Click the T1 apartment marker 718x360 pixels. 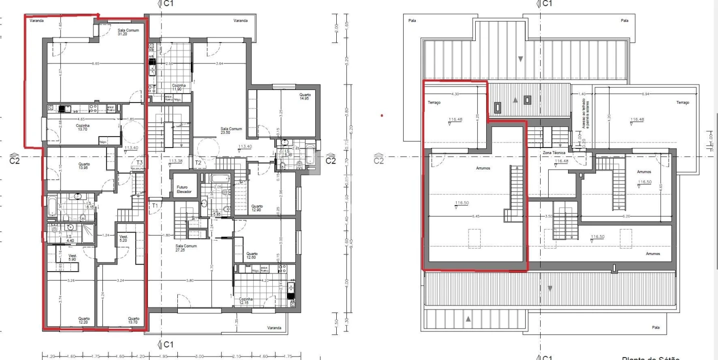tap(155, 205)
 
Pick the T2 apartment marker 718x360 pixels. tap(198, 163)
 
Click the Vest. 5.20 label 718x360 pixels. tap(123, 238)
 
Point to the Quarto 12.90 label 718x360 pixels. tap(257, 208)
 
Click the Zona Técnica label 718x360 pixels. tap(554, 152)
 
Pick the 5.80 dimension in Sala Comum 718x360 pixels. tap(190, 280)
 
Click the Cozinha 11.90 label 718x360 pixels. tap(179, 87)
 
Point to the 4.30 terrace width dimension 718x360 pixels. tap(455, 93)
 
